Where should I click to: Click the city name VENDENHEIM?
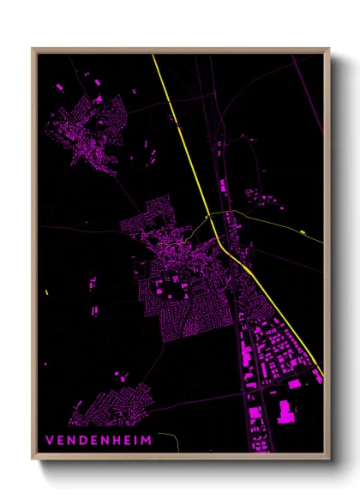[x=99, y=440]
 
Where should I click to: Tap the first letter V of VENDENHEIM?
[x=50, y=440]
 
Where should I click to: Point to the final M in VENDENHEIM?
[x=147, y=440]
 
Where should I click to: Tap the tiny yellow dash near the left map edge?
[x=46, y=293]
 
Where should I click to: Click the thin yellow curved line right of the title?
[x=171, y=439]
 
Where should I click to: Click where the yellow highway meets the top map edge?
[x=153, y=56]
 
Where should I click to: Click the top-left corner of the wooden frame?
[x=33, y=48]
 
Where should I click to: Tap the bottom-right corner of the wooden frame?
[x=329, y=459]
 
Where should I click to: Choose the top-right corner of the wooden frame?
[x=329, y=48]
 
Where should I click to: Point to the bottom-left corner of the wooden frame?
[x=33, y=459]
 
